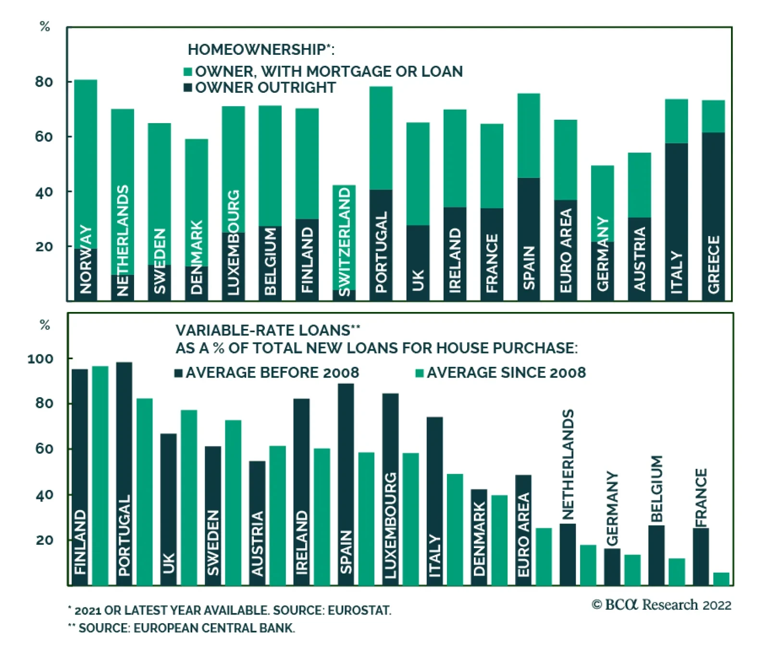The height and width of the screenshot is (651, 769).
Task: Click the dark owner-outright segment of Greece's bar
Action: click(713, 192)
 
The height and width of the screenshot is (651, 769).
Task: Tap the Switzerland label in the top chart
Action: click(345, 240)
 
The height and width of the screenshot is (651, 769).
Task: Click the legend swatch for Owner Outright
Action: click(188, 88)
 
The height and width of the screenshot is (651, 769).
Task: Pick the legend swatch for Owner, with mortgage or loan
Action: click(188, 72)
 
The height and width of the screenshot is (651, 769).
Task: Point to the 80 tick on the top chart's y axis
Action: click(44, 82)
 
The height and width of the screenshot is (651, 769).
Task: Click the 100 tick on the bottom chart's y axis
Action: click(40, 359)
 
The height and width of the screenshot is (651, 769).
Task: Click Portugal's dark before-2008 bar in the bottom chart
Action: click(124, 433)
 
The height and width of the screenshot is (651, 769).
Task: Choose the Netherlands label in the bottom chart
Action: click(568, 464)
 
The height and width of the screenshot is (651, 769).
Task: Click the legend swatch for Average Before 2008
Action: click(179, 373)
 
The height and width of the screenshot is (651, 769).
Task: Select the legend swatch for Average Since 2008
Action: click(420, 373)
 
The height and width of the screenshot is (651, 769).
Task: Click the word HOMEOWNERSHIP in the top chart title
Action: click(257, 50)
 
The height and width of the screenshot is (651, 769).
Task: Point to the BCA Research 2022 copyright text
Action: click(661, 604)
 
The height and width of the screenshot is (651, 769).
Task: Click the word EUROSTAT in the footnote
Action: click(359, 611)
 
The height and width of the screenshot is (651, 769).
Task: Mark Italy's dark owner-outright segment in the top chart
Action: click(676, 202)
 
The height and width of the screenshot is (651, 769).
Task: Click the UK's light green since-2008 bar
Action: click(189, 497)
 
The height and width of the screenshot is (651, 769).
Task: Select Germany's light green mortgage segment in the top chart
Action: click(602, 202)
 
